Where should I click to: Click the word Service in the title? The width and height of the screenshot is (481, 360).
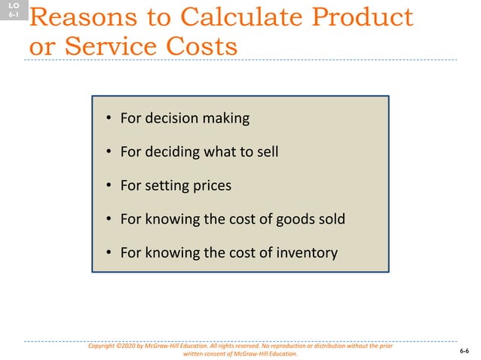(x=106, y=46)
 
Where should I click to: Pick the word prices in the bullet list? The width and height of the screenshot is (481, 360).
(x=210, y=185)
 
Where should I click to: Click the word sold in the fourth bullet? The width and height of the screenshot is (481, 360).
(x=329, y=219)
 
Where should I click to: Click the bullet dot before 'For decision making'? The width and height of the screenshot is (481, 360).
(x=109, y=118)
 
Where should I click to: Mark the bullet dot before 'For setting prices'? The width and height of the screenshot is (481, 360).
(x=109, y=185)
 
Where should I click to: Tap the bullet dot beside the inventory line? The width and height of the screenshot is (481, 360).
(x=109, y=252)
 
